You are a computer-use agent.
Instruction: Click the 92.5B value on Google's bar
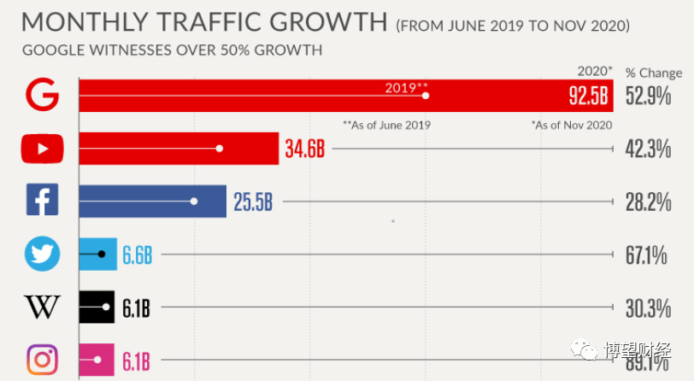589,96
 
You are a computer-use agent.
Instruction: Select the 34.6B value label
305,149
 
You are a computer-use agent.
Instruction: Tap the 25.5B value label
253,202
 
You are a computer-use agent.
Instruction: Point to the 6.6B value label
137,255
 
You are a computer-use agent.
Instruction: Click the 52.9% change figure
648,96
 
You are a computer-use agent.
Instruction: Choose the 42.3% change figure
648,149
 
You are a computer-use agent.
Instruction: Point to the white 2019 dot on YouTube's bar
220,149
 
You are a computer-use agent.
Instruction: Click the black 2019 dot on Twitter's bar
102,254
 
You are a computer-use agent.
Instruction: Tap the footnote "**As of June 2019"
386,125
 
